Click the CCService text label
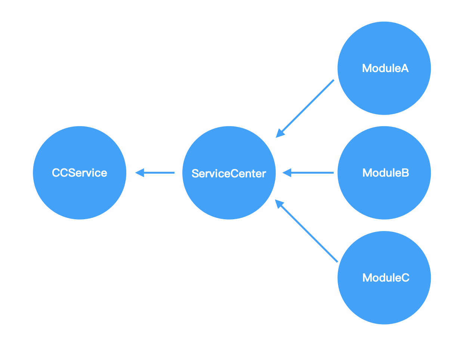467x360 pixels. (80, 173)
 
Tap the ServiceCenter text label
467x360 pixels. (229, 174)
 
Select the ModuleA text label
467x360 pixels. (385, 68)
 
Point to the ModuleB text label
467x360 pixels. (386, 173)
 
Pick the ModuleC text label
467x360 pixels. (386, 278)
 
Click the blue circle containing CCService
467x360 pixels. (80, 194)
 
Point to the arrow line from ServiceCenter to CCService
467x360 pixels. (159, 173)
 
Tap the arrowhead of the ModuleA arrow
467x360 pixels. (279, 134)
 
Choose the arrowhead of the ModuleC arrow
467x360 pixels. (279, 204)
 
